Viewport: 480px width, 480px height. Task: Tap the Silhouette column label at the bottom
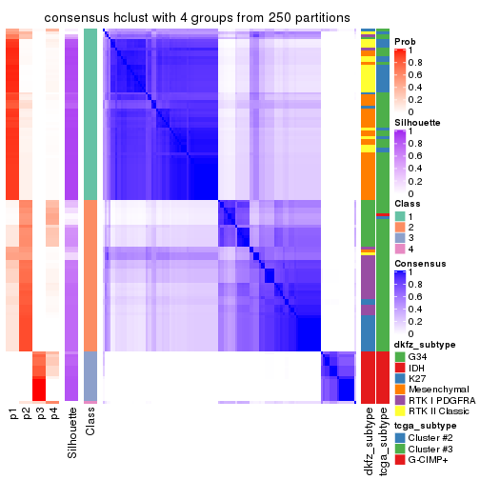tap(71, 432)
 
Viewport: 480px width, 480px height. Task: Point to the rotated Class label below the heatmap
tap(90, 423)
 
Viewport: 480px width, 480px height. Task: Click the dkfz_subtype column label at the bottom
tap(368, 442)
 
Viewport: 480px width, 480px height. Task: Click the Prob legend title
tap(405, 41)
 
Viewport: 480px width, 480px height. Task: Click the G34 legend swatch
tap(400, 356)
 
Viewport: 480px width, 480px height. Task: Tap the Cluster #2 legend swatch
tap(400, 446)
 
